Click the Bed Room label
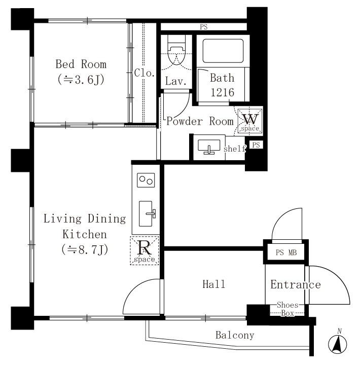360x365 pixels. tap(81, 64)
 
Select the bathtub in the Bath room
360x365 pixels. tap(223, 51)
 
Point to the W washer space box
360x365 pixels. tap(250, 121)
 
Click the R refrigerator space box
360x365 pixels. tap(145, 250)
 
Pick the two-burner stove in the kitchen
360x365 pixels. tap(146, 180)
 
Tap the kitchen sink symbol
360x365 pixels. tap(147, 214)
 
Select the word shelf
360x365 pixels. tap(235, 149)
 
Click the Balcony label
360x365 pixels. tap(235, 335)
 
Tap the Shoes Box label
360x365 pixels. tap(287, 309)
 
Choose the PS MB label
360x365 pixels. tap(286, 252)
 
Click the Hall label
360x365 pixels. tap(214, 284)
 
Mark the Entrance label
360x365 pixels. tap(296, 284)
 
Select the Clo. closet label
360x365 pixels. tap(145, 73)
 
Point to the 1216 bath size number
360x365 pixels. tap(223, 92)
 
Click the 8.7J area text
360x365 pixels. tap(85, 250)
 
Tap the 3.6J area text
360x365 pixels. tap(81, 80)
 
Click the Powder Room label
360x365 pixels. tap(200, 121)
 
